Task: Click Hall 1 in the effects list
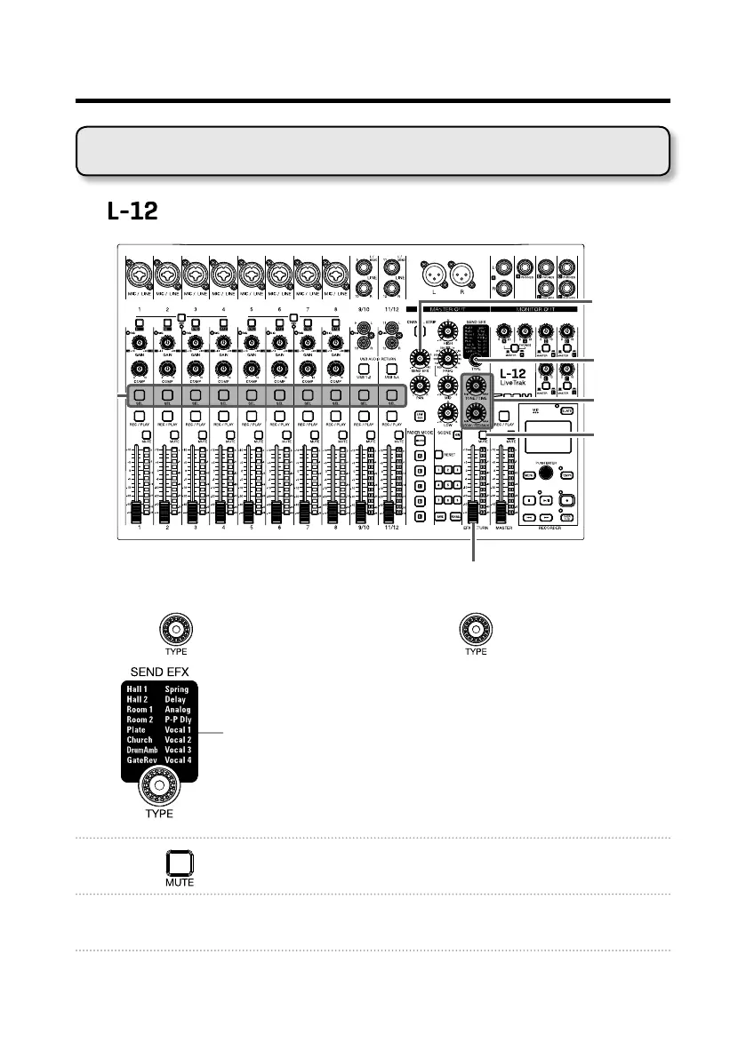tap(139, 688)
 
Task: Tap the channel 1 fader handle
tap(137, 513)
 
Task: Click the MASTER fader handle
tap(501, 513)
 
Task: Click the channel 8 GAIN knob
tap(335, 342)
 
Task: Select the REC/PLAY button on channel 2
tap(166, 415)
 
